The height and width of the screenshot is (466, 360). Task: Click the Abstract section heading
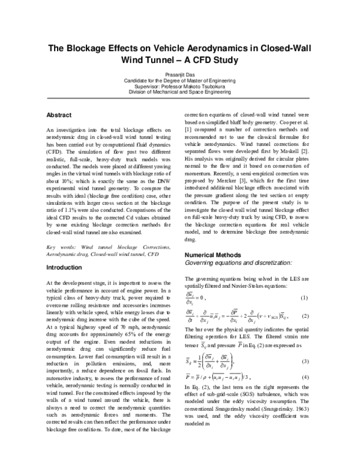pos(59,115)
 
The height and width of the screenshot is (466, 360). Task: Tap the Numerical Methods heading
pos(212,255)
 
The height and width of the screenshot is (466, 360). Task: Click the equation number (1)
pos(304,298)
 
